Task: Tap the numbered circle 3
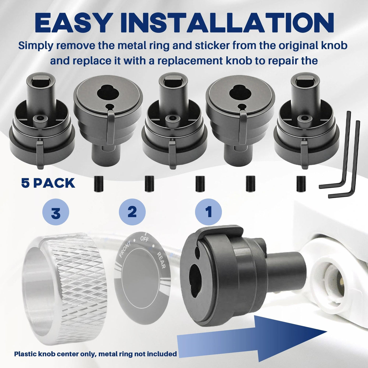pos(56,212)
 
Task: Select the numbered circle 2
pos(132,212)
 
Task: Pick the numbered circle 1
pos(208,212)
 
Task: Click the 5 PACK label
pos(48,183)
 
